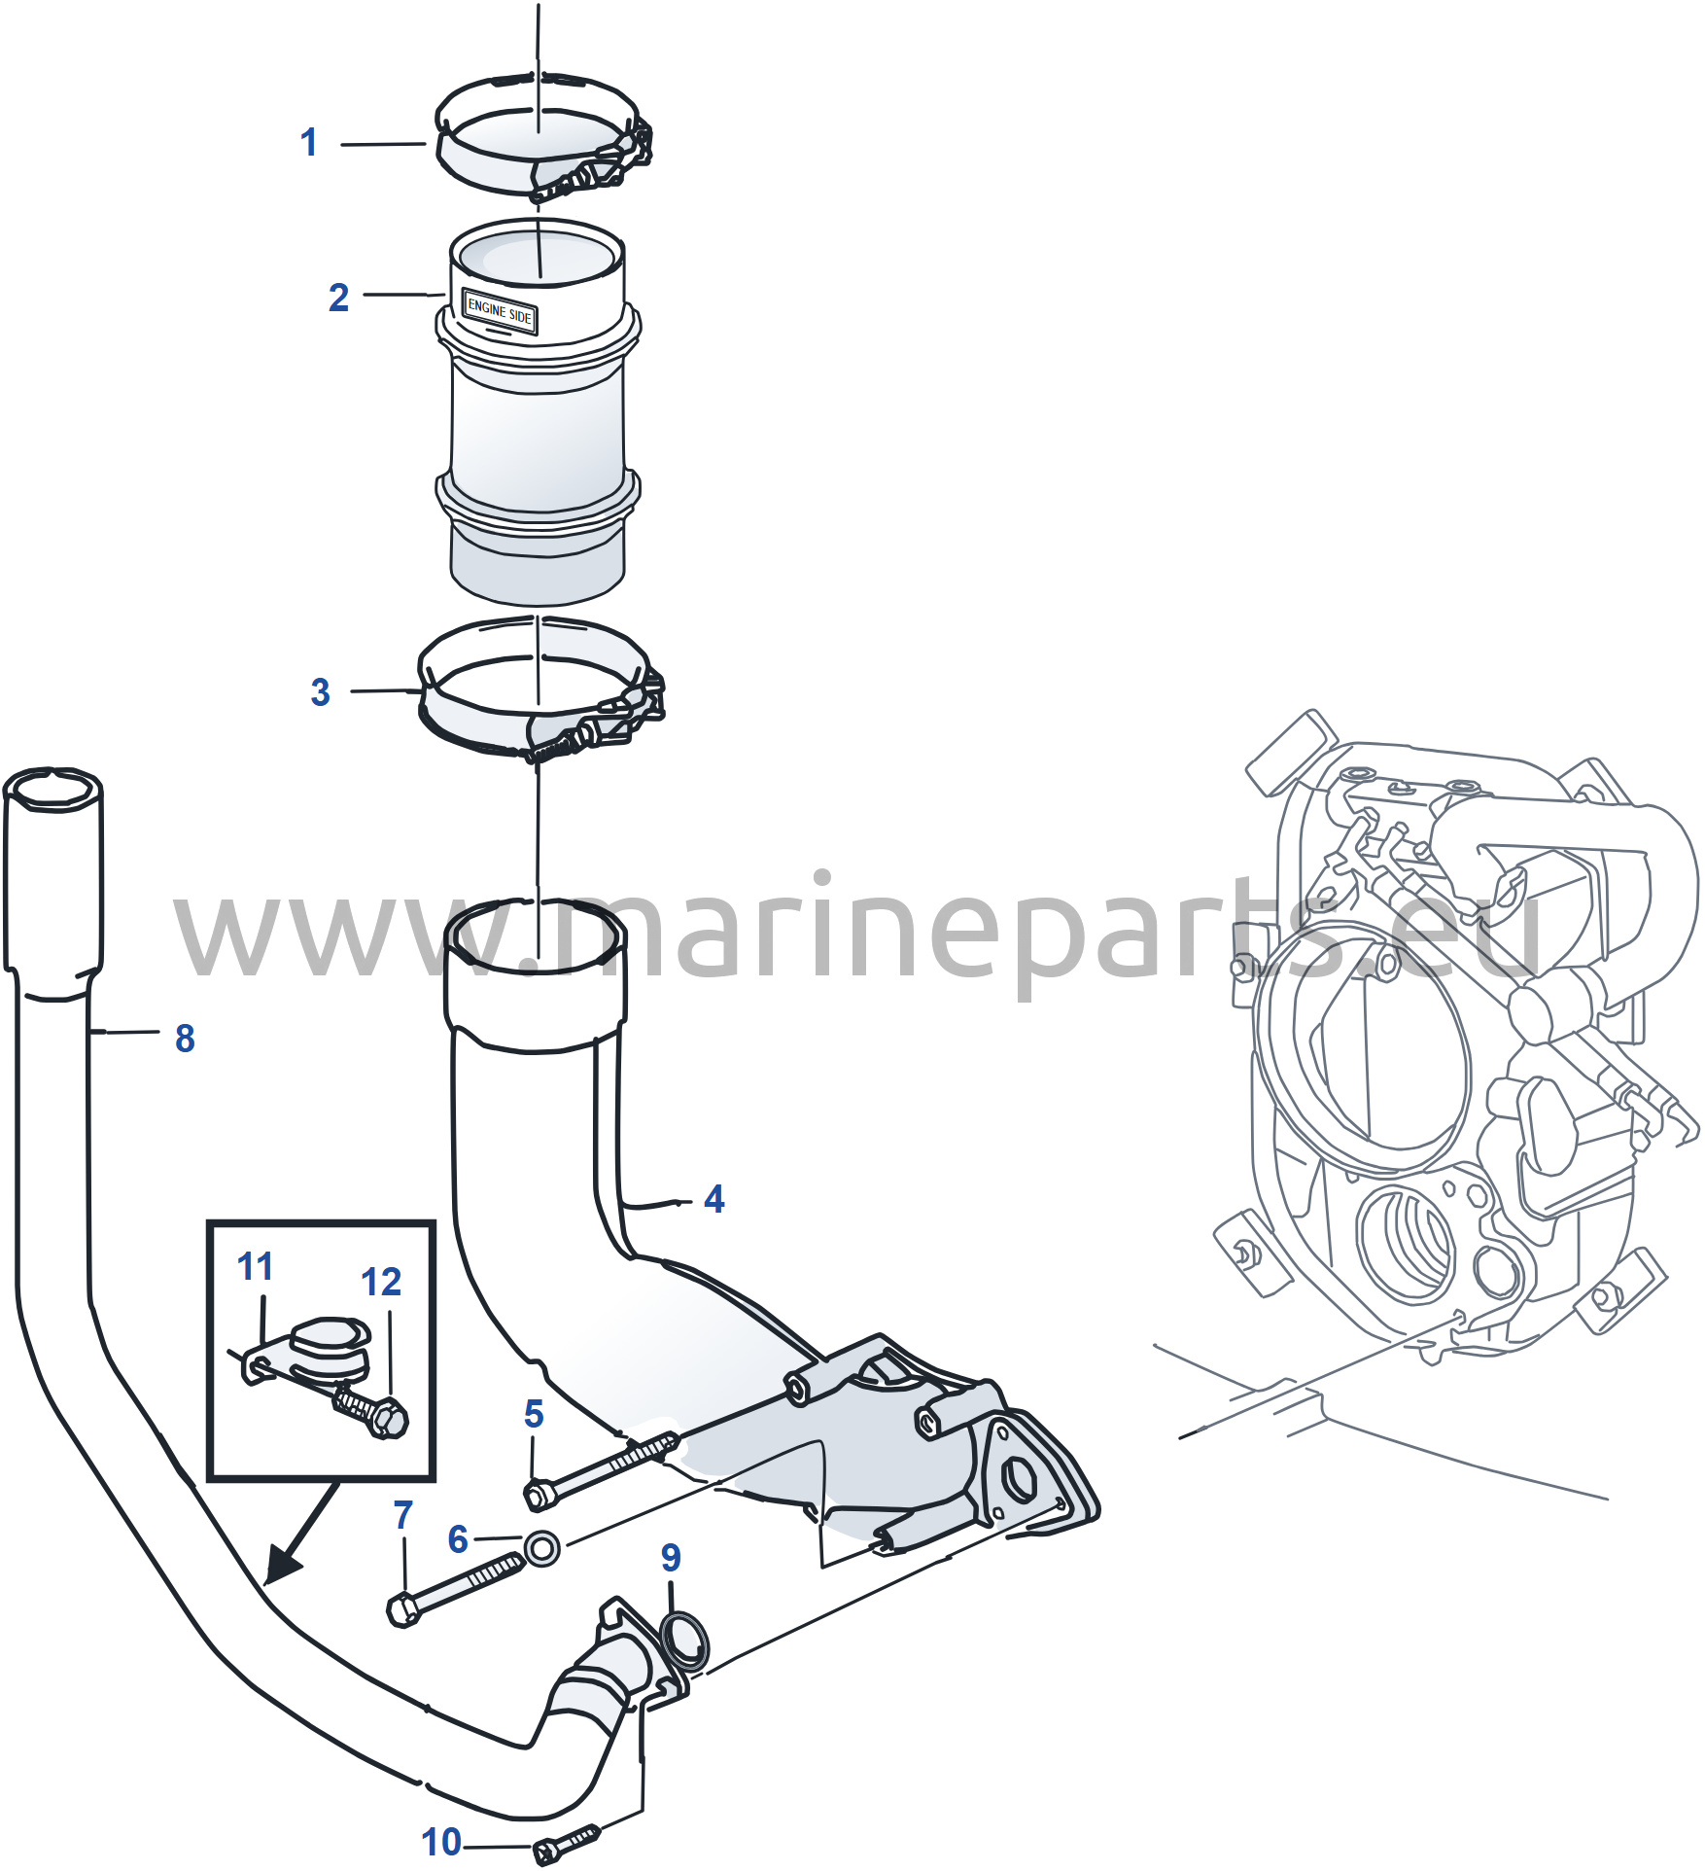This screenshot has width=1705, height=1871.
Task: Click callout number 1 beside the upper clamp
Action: [x=309, y=143]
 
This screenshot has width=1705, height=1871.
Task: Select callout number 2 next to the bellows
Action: [x=338, y=298]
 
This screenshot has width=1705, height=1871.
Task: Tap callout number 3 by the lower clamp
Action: [x=321, y=692]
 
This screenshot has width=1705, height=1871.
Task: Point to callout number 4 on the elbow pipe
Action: [x=714, y=1199]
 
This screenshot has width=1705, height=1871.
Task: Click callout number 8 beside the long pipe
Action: [x=185, y=1039]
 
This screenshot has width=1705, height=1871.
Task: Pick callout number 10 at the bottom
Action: [x=441, y=1842]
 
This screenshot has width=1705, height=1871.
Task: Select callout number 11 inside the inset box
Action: [x=256, y=1266]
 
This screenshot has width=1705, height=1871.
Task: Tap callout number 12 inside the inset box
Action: [x=381, y=1282]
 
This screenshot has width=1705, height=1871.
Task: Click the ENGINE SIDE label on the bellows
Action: [x=500, y=311]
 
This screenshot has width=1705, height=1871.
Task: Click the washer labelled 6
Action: [x=542, y=1546]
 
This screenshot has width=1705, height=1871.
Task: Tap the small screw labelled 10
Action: [x=568, y=1843]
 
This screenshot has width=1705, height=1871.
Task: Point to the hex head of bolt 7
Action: [x=403, y=1609]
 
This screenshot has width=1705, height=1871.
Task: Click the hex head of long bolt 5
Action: [x=539, y=1494]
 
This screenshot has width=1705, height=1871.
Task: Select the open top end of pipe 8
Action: [x=53, y=787]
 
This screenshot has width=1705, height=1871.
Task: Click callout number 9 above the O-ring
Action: [x=671, y=1557]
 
